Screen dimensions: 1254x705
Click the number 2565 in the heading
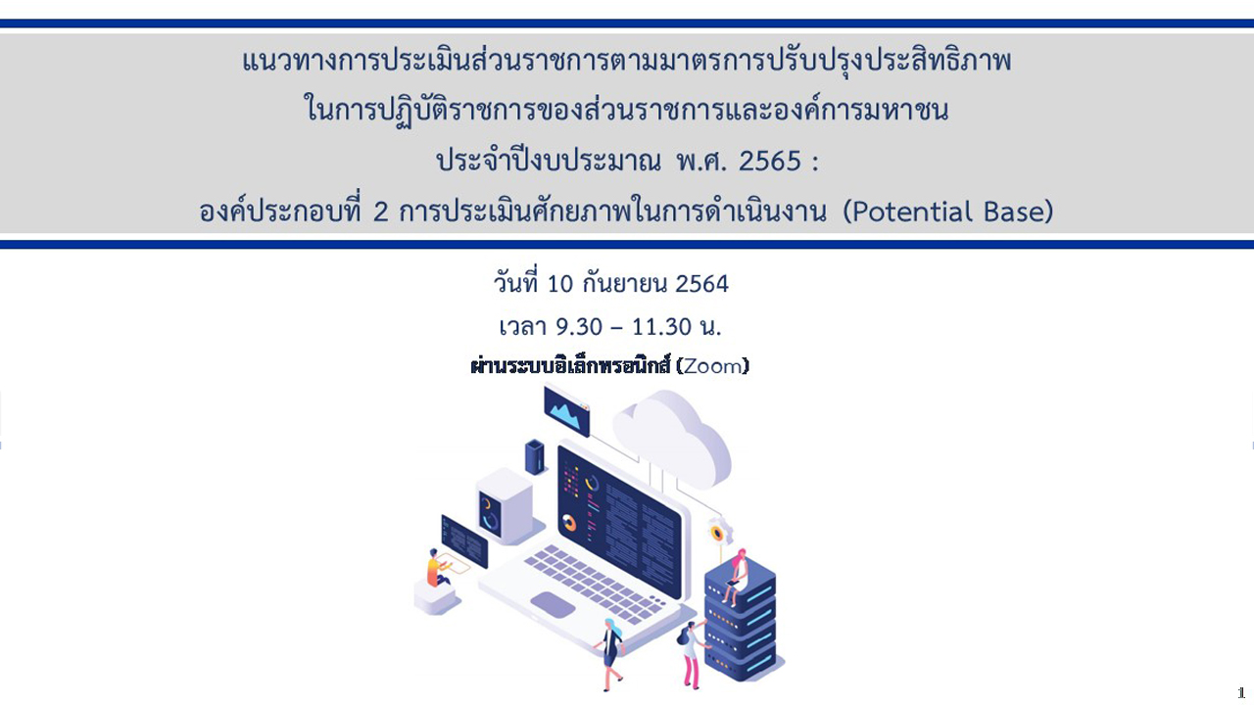coord(770,162)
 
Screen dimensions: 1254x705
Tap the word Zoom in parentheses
coord(712,366)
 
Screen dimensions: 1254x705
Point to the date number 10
coord(559,284)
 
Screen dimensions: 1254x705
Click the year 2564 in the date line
coord(701,284)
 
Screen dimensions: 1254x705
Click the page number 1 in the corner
coord(1240,692)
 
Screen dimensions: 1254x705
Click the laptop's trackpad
coord(553,605)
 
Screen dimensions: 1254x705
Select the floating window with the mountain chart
coord(566,410)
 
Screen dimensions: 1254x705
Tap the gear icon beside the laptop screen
coord(719,532)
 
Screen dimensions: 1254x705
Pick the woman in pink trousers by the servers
coord(692,655)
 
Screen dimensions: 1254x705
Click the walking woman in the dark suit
coord(611,655)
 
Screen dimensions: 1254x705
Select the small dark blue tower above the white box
coord(535,457)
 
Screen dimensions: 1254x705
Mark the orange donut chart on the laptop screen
coord(569,523)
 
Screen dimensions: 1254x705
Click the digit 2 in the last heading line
coord(380,212)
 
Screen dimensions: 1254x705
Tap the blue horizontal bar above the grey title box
coord(627,23)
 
